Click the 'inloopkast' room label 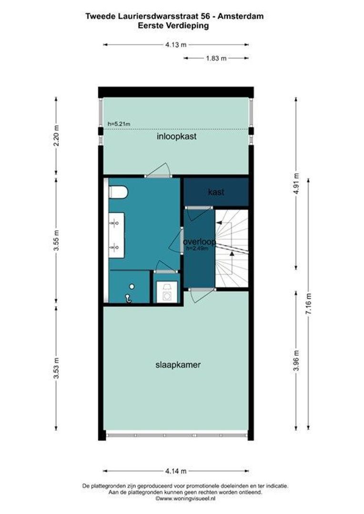177,137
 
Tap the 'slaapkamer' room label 177,365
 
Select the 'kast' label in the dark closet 216,192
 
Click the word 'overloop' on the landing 199,242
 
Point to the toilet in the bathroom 119,192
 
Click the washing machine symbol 167,290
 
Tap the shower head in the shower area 128,297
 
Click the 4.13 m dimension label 176,45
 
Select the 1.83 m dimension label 216,58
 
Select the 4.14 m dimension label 176,471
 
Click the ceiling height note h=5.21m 119,124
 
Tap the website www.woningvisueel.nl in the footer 180,498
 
